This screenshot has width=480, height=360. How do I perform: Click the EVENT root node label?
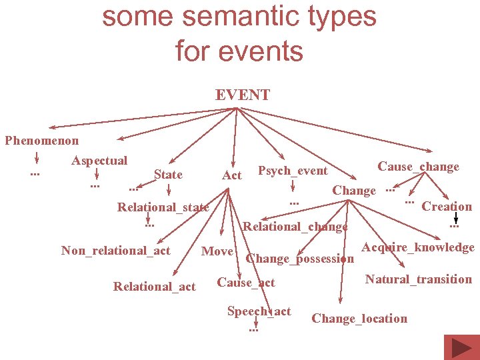[x=243, y=95]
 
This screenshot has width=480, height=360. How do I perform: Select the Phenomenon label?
[x=41, y=141]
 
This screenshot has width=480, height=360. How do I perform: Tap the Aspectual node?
[x=99, y=161]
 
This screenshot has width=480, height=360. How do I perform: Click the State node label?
[x=168, y=175]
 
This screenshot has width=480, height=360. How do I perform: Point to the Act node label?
[x=231, y=175]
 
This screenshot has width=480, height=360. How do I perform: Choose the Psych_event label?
[x=293, y=171]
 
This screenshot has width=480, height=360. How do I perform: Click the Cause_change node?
[x=418, y=167]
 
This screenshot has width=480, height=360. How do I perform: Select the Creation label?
[x=447, y=207]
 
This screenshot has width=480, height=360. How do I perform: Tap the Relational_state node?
[x=163, y=207]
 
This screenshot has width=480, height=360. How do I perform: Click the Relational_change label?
[x=295, y=227]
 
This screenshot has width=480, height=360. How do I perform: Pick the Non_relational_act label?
[x=115, y=251]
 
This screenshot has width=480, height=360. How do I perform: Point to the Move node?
[x=217, y=251]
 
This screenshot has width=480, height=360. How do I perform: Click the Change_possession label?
[x=299, y=259]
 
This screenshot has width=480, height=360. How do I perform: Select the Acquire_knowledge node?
[x=418, y=247]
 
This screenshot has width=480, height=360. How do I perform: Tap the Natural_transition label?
[x=418, y=279]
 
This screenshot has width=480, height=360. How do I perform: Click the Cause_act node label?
[x=246, y=283]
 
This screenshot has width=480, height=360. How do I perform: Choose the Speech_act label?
[x=259, y=311]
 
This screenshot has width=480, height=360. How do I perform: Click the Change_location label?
[x=359, y=319]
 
